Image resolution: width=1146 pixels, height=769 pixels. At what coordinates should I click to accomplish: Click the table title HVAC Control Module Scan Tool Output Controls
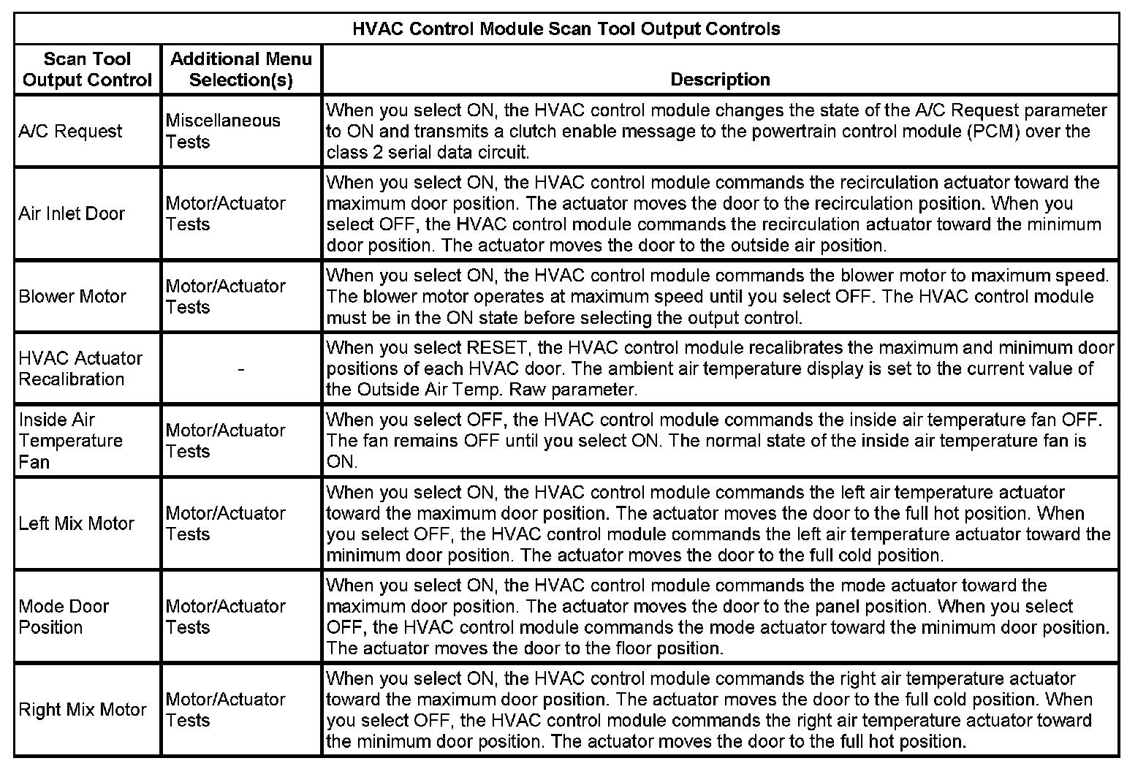coord(566,29)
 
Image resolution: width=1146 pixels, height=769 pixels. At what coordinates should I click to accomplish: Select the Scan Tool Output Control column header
coord(87,69)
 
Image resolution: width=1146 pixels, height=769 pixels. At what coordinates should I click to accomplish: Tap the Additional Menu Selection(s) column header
coord(240,69)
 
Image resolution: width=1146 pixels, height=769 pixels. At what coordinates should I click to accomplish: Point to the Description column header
coord(720,79)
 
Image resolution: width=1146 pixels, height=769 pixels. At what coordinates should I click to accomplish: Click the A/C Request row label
coord(70,132)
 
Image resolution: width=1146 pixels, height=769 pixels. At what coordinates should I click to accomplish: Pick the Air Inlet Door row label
coord(72,214)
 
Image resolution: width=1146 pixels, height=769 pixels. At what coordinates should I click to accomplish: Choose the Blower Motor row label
coord(72,297)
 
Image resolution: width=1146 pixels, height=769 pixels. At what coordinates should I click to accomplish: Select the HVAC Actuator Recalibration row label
coord(80,368)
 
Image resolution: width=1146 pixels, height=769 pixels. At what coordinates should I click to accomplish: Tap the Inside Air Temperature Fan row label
coord(70,441)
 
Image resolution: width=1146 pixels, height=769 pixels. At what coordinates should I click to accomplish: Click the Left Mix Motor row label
coord(76,523)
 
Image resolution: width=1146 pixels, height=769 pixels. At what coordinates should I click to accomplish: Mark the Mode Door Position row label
coord(64,617)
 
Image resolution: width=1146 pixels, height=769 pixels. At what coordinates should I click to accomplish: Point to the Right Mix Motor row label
coord(83,710)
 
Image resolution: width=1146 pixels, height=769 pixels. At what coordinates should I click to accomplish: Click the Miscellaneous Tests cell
coord(223,131)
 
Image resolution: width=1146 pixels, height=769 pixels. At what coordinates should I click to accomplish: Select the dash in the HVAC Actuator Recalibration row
coord(241,369)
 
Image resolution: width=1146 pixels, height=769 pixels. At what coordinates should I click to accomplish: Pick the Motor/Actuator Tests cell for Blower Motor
coord(225,296)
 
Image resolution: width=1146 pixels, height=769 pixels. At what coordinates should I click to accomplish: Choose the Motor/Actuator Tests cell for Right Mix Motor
coord(225,710)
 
